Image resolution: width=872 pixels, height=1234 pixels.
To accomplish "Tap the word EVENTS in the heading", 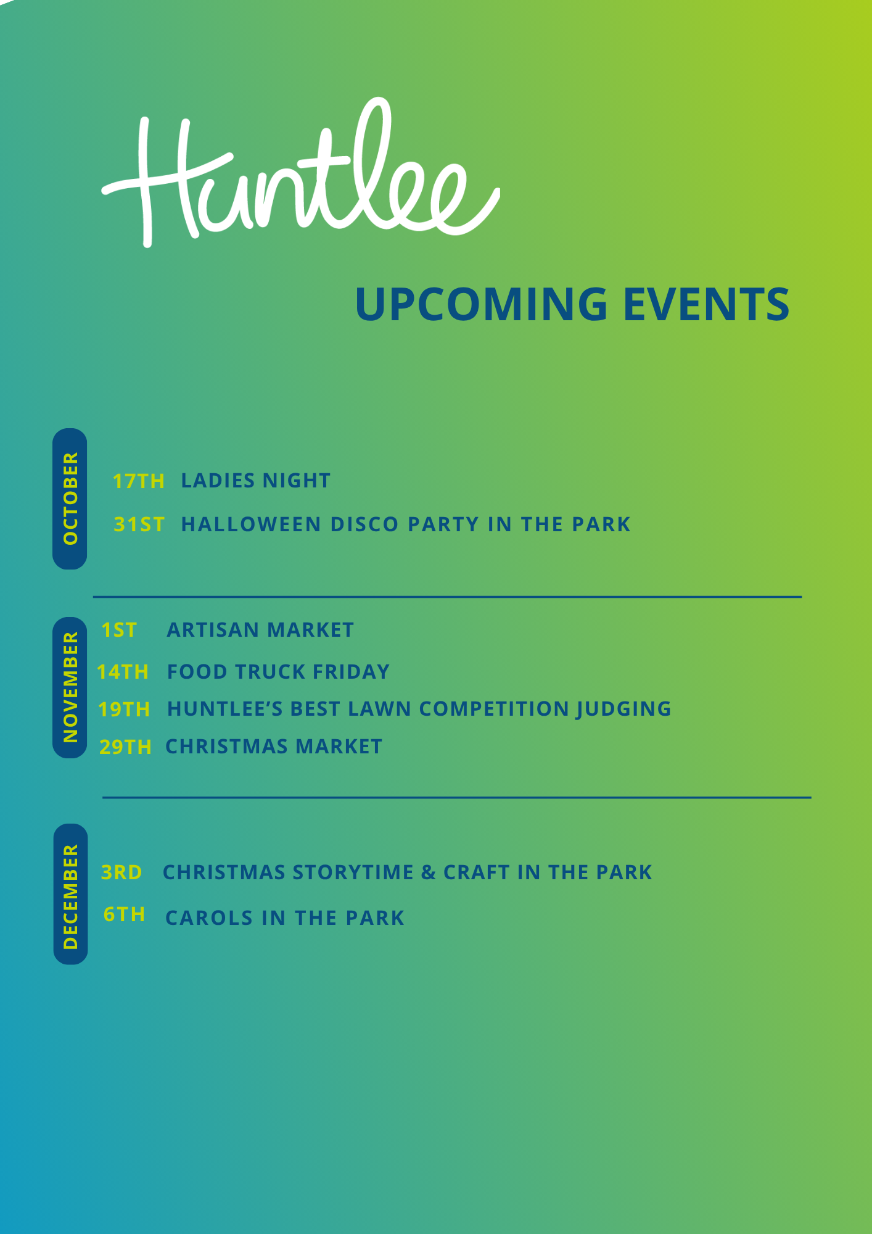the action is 706,304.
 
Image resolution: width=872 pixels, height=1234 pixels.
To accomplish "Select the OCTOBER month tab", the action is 70,499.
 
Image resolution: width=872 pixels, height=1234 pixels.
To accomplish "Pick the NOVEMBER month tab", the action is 70,687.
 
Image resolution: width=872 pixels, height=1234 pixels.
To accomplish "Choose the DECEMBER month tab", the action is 70,894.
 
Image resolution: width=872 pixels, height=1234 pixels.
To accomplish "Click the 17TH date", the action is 139,481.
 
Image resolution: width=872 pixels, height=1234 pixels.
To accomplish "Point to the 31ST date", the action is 139,524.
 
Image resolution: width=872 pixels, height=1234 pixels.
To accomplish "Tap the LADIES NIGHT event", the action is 256,481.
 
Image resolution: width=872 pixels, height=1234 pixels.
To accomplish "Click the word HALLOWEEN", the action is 252,524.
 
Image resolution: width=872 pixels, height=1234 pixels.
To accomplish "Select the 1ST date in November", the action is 119,630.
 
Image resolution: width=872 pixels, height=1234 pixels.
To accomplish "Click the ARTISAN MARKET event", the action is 260,630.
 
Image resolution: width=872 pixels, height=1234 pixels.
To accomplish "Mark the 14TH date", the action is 123,672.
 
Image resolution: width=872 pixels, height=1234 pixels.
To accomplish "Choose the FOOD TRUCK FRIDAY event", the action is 278,672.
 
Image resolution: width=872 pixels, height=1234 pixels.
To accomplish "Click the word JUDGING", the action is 623,710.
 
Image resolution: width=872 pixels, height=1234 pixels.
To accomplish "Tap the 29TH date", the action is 126,747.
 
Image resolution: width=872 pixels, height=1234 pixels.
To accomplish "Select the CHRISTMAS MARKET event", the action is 274,747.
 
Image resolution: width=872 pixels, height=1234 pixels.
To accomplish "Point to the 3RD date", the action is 121,872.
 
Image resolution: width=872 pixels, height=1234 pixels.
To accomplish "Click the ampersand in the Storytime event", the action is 429,872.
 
